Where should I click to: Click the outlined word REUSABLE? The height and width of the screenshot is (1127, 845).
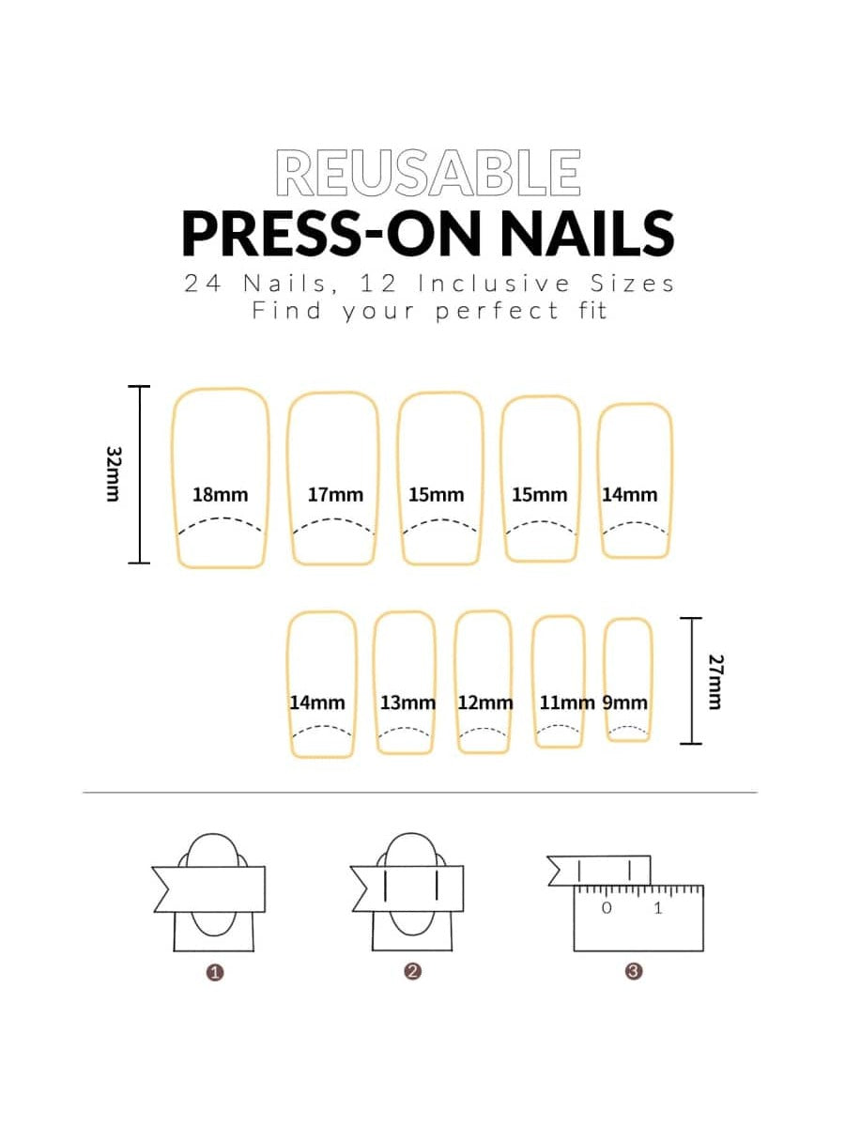[x=428, y=173]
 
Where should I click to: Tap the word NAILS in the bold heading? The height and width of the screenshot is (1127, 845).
[x=587, y=234]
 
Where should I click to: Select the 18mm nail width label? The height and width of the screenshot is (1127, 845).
[x=221, y=495]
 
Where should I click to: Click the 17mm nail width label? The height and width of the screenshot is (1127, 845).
[x=335, y=495]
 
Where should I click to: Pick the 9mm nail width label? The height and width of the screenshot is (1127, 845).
[x=625, y=702]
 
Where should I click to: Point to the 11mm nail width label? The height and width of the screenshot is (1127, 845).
[x=567, y=702]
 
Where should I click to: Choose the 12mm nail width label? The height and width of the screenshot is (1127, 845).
[x=485, y=702]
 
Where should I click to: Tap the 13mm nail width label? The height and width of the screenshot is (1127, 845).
[x=407, y=702]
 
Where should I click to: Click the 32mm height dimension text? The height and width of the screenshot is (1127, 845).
[x=114, y=474]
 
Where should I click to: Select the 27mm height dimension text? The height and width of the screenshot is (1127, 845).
[x=715, y=682]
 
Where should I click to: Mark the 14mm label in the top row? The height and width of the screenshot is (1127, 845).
[x=629, y=495]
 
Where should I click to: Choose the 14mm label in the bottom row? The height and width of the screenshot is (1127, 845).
[x=317, y=702]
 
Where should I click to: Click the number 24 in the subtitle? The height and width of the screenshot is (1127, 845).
[x=202, y=284]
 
